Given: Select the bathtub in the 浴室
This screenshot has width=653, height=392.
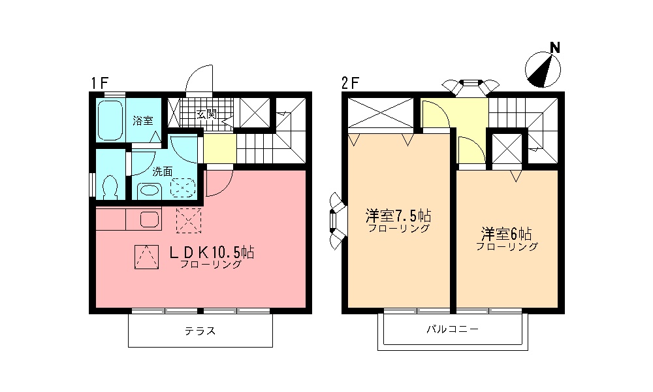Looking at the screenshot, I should coord(109,120).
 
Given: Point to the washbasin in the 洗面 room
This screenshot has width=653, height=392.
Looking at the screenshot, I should coord(151,190).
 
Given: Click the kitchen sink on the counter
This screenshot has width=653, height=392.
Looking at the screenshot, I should coord(149,220).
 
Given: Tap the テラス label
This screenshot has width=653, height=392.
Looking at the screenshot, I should coord(200,331).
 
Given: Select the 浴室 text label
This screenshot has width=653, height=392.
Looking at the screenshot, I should coord(142,120).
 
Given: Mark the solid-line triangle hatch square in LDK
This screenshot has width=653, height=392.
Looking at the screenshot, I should coord(146,256).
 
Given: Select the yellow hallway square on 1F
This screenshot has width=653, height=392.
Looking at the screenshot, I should coord(219,149).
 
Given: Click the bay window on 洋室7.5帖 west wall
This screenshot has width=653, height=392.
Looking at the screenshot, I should coord(334,222).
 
